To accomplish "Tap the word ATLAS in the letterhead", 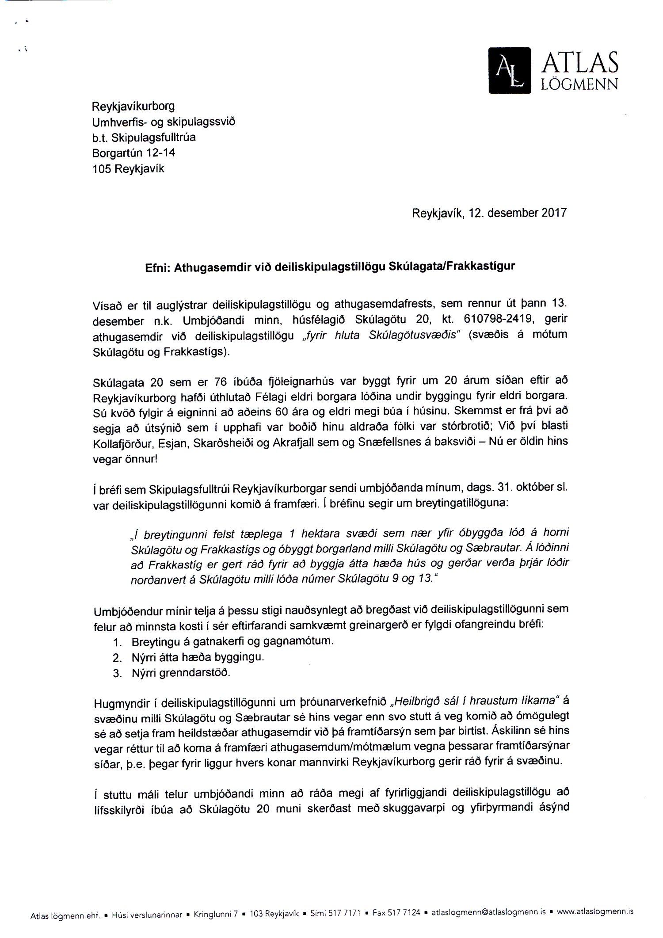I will coord(580,63).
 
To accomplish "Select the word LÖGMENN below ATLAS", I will coord(580,84).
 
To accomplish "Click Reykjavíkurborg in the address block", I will coord(133,107).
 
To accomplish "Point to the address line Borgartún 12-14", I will coord(133,153).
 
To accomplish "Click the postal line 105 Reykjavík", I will coord(128,169).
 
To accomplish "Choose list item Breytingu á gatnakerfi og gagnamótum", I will coord(232,641).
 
